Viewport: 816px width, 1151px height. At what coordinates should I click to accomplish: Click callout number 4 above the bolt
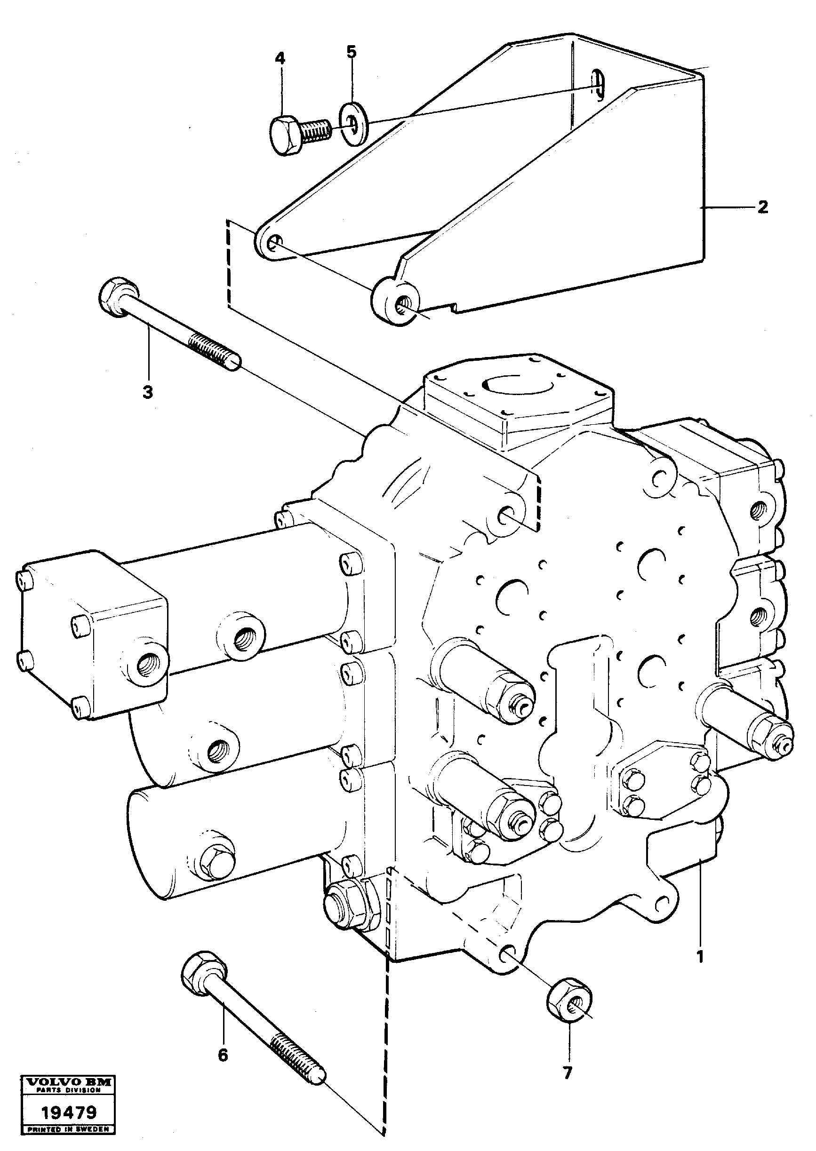pos(280,59)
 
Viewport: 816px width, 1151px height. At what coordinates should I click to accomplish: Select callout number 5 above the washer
pos(351,52)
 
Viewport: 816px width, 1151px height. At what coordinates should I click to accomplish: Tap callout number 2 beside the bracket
pos(763,207)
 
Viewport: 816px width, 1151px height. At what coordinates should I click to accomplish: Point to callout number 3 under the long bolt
pos(148,392)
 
